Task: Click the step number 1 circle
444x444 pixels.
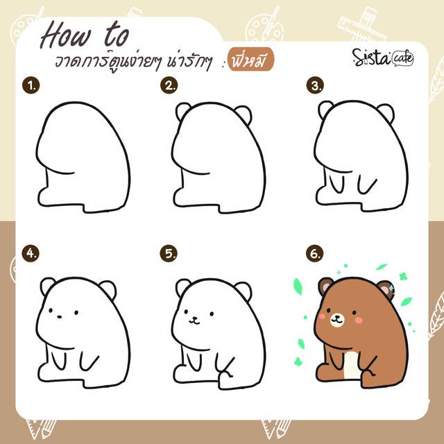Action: click(x=31, y=85)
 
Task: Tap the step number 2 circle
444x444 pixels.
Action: click(x=169, y=85)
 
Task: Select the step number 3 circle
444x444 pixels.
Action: click(x=315, y=85)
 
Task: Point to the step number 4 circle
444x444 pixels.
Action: click(x=31, y=253)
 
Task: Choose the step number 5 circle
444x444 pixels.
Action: click(x=169, y=253)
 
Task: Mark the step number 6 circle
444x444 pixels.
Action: click(x=315, y=253)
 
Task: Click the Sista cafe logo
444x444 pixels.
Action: click(x=383, y=58)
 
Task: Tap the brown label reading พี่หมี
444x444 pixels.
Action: click(x=250, y=60)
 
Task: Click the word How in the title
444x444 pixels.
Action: click(x=67, y=35)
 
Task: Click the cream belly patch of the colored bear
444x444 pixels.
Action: click(x=352, y=366)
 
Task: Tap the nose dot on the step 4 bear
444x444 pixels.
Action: click(x=59, y=316)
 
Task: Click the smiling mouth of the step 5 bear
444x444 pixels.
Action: click(x=194, y=321)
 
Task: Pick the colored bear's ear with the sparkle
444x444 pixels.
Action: click(x=386, y=289)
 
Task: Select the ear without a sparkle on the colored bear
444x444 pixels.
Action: click(x=325, y=286)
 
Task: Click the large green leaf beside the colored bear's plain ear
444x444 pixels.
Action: click(x=298, y=287)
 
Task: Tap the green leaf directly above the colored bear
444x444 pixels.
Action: click(x=382, y=266)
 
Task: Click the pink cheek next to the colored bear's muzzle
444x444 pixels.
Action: click(x=359, y=320)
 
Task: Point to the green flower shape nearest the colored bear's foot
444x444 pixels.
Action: click(x=298, y=361)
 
